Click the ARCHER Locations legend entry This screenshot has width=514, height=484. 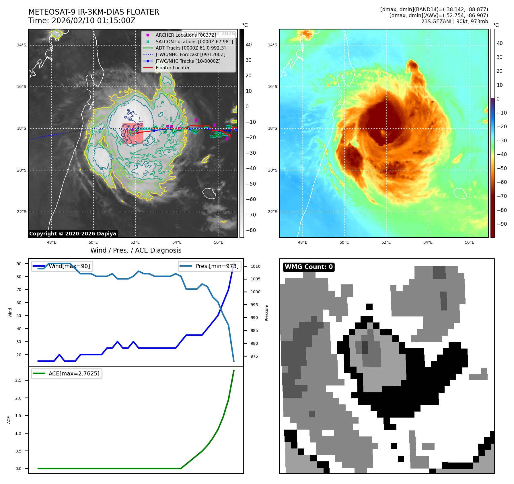coord(186,35)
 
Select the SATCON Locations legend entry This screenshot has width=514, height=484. coord(194,42)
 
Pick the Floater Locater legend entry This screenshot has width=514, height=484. coord(172,68)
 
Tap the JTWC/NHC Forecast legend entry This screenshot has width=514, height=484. coord(190,54)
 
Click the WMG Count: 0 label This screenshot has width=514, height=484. coord(309,267)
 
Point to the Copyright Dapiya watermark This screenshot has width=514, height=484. coord(73,234)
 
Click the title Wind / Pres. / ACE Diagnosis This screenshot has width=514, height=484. coord(136,250)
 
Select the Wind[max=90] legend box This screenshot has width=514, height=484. coord(62,266)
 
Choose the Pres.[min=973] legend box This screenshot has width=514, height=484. coord(209,266)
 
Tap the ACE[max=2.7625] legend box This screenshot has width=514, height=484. coord(67,373)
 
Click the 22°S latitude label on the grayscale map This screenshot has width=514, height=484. coord(22,212)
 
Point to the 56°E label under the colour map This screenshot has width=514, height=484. coord(470,242)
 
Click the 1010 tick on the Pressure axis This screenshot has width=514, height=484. coord(255,266)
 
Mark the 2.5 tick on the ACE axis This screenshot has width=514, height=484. coord(18,380)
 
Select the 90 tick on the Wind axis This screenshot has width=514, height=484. coord(19,264)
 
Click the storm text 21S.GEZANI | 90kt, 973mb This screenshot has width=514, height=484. coord(454,21)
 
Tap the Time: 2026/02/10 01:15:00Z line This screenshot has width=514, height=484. coord(82,21)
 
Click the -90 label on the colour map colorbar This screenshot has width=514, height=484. coord(502,224)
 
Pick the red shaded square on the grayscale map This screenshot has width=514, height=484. coord(133,133)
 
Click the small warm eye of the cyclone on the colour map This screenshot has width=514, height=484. coord(383,133)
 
